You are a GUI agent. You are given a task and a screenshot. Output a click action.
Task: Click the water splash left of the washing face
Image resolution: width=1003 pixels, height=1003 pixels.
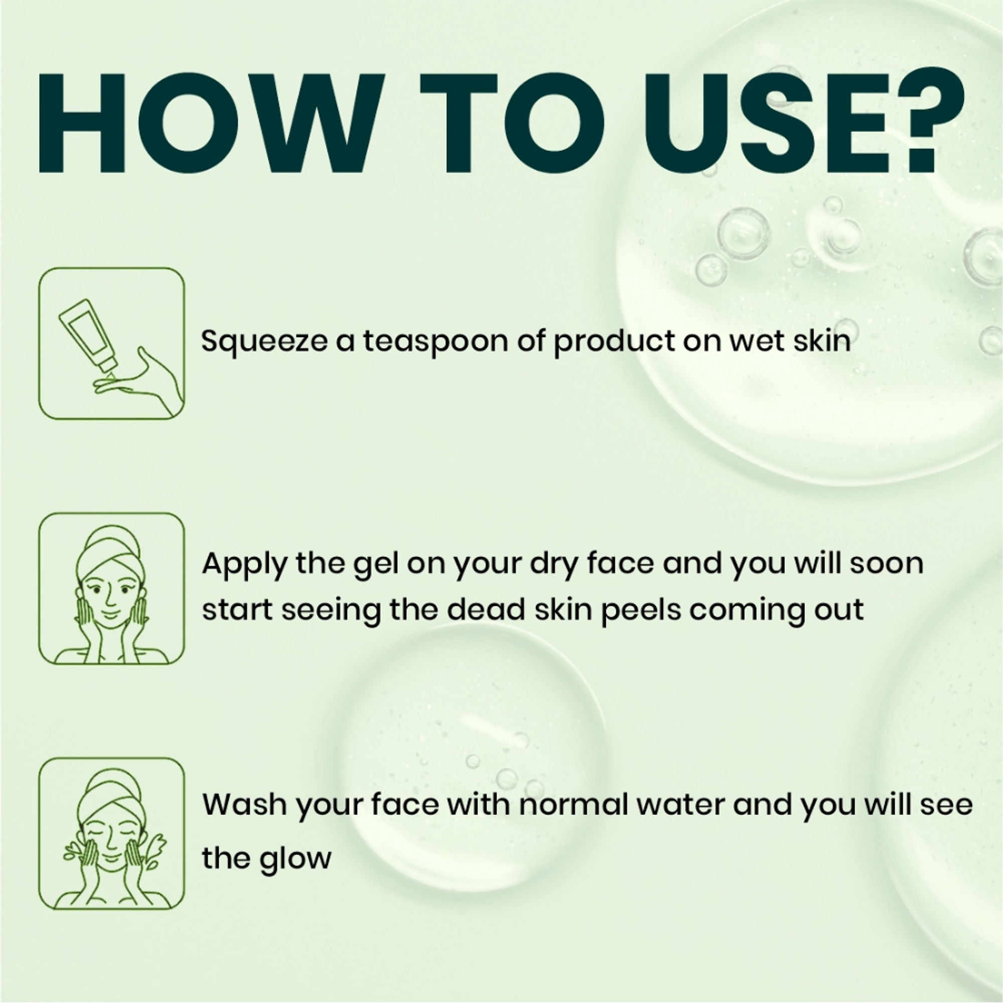tap(73, 852)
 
